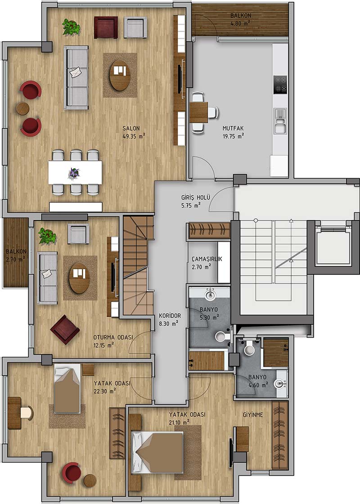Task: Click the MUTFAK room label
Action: [x=233, y=128]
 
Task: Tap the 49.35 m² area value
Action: [x=134, y=136]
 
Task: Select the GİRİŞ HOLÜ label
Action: [x=196, y=198]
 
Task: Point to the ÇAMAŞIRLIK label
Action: [x=207, y=259]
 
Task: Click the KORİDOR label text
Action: [x=170, y=316]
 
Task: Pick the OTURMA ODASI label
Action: [x=113, y=337]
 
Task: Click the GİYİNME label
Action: [x=252, y=415]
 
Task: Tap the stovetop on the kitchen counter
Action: [x=280, y=85]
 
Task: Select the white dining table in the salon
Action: [x=75, y=173]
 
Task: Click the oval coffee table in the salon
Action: [x=120, y=75]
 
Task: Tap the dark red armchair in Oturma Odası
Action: [x=65, y=329]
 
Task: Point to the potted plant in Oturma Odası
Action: [x=47, y=236]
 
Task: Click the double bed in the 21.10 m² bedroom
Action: [x=158, y=452]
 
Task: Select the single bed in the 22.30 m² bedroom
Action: [x=67, y=388]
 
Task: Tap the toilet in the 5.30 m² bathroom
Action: [x=222, y=336]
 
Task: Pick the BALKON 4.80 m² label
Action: [x=240, y=19]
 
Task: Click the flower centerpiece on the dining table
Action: [x=74, y=173]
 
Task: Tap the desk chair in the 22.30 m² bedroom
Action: [x=27, y=413]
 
